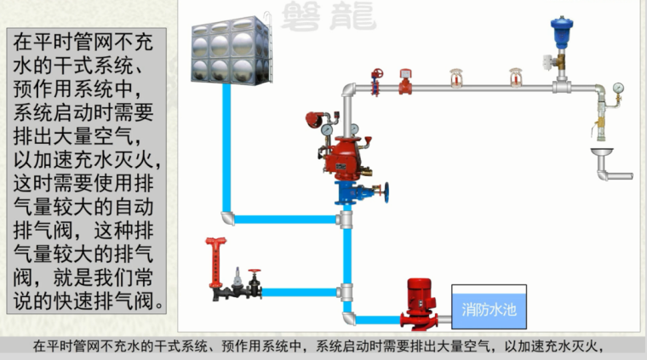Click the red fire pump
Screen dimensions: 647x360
(x=418, y=301)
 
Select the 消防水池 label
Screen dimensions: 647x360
(x=489, y=308)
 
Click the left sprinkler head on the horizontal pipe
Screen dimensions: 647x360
(x=456, y=77)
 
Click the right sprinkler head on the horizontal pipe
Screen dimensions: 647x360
(x=514, y=77)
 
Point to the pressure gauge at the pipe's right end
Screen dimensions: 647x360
(x=617, y=87)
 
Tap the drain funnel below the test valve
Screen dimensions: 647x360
(x=603, y=153)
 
